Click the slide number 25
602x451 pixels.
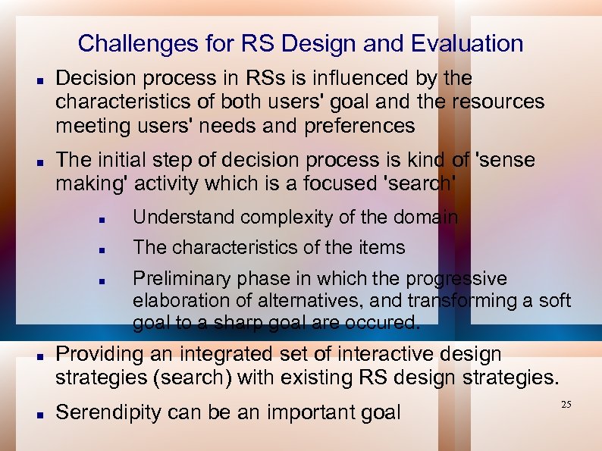coord(566,406)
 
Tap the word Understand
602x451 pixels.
coord(177,218)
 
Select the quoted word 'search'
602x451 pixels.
coord(425,183)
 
